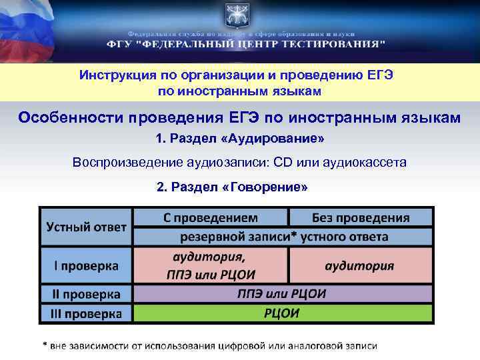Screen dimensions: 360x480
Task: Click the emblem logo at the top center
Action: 239,15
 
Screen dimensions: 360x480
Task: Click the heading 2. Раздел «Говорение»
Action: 232,187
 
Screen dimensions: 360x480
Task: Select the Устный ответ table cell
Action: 86,227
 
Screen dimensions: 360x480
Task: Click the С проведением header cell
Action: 211,217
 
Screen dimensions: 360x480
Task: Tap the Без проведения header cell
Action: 361,217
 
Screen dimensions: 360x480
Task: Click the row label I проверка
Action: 86,266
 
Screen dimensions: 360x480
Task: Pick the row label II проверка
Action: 86,294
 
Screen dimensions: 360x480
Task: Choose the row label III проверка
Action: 86,313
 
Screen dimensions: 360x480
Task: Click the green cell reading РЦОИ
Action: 283,313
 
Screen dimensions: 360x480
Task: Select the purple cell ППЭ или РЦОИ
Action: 283,294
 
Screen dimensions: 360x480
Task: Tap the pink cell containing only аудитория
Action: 361,266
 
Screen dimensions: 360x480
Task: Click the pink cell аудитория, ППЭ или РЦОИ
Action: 211,266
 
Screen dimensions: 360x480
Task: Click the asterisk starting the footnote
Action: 45,346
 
